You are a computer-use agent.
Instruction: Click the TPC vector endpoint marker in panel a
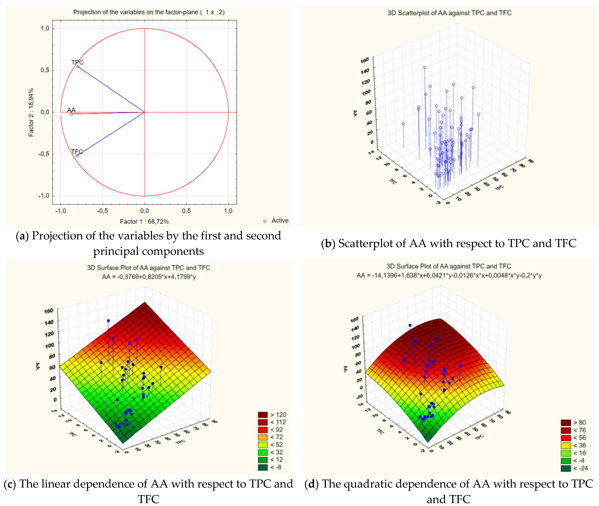78,67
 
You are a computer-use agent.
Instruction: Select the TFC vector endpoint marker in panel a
77,156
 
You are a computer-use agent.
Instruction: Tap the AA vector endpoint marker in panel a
71,114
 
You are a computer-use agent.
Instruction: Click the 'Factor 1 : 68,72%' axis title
144,221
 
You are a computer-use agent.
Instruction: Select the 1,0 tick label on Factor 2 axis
45,28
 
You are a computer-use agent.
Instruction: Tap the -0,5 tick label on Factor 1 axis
102,211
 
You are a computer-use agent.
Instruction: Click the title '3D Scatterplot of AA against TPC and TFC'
449,13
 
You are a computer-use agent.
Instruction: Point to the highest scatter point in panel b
424,67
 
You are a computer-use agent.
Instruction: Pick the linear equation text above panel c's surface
149,277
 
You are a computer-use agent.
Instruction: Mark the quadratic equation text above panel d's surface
449,275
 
